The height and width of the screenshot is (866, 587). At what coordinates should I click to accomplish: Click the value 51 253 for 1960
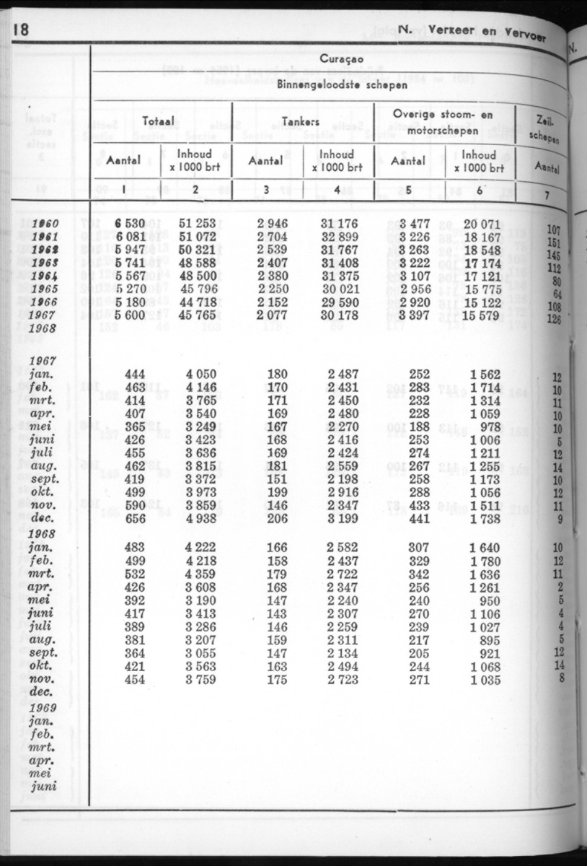tap(197, 224)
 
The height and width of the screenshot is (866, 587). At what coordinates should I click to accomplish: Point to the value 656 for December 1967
tap(135, 518)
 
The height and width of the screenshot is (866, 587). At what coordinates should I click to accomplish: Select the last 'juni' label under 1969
tap(44, 785)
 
